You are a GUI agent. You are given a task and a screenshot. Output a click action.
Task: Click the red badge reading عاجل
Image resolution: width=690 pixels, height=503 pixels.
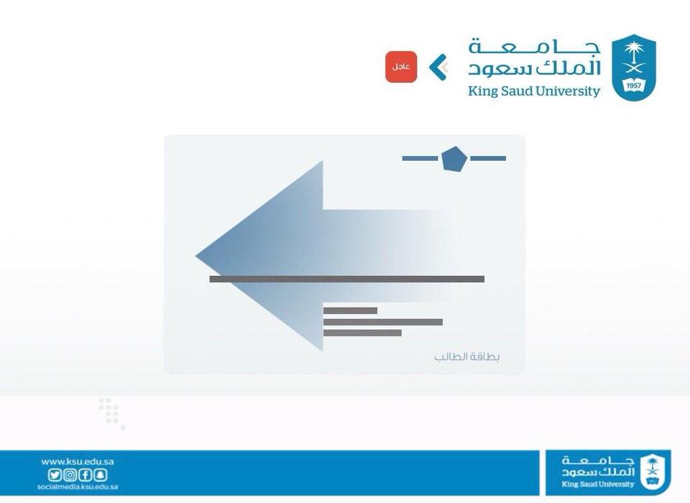tap(401, 67)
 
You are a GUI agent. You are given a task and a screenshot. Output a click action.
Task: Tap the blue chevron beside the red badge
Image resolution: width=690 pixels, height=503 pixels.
tap(438, 68)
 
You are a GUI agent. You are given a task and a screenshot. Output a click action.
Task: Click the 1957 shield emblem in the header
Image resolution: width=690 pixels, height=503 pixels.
tap(634, 68)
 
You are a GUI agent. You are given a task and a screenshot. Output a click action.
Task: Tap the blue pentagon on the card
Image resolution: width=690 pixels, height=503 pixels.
tap(454, 159)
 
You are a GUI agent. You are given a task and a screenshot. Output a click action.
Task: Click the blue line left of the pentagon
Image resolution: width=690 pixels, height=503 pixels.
tap(420, 158)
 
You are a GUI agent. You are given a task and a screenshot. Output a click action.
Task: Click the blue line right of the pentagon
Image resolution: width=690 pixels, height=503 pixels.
tap(488, 158)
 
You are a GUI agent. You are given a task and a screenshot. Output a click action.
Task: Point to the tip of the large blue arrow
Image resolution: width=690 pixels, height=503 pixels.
tap(195, 256)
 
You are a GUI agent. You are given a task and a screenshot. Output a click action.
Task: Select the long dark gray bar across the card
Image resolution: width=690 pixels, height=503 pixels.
tap(346, 279)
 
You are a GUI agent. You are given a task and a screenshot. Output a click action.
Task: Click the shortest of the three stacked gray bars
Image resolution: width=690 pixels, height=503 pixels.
tap(350, 310)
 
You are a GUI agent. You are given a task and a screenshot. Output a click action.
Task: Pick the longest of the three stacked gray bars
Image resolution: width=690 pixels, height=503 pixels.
tap(383, 322)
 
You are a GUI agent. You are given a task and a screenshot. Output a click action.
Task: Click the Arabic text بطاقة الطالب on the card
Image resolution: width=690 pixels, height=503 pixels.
tap(467, 356)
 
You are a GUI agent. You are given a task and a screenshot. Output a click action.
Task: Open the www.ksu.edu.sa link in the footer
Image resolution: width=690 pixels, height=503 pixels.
tap(78, 461)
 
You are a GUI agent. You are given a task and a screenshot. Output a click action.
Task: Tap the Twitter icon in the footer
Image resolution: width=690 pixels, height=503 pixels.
tap(55, 475)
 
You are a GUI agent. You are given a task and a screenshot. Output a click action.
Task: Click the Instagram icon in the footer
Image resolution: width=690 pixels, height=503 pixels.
tap(70, 475)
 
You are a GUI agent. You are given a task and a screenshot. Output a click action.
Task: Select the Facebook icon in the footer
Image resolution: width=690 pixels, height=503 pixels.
tap(85, 475)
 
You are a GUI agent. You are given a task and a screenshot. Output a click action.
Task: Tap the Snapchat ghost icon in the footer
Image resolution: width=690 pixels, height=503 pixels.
tap(101, 475)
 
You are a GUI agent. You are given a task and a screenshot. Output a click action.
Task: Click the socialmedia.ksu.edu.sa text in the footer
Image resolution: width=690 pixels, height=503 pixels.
tap(78, 486)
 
